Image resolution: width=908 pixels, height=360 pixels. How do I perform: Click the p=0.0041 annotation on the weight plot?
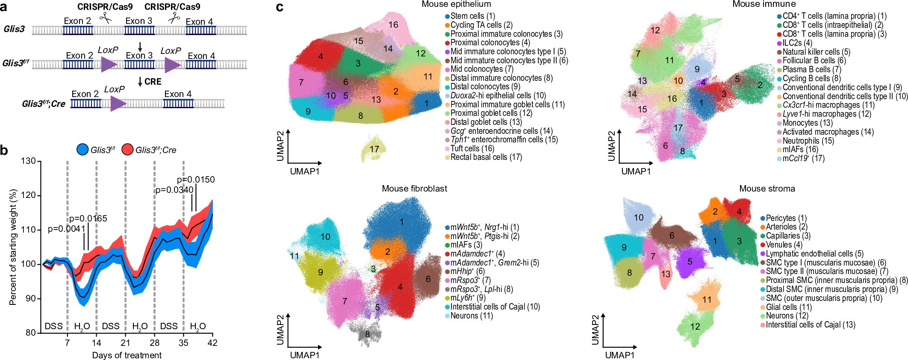[x=66, y=229]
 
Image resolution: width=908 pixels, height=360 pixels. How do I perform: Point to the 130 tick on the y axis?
[x=29, y=161]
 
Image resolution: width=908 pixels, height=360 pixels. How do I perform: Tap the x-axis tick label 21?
[x=125, y=342]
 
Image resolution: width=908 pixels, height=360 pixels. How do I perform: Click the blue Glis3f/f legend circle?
[x=82, y=150]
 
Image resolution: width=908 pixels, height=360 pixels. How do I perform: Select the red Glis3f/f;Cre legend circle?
[x=127, y=150]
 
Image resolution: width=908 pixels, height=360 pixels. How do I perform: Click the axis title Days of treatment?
[x=127, y=355]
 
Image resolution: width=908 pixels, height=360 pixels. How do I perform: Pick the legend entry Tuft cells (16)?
[x=472, y=148]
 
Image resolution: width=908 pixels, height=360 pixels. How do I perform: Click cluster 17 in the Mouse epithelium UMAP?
[x=374, y=149]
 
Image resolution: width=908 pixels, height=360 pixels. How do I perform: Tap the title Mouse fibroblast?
[x=414, y=189]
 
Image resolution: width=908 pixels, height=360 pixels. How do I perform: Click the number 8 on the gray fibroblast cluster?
[x=367, y=334]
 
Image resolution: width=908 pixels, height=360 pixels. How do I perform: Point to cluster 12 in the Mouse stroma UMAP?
[x=695, y=327]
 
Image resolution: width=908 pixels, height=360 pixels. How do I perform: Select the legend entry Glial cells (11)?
[x=788, y=307]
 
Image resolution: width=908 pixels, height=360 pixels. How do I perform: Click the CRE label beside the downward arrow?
[x=153, y=82]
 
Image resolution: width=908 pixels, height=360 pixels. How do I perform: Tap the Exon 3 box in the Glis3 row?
[x=139, y=30]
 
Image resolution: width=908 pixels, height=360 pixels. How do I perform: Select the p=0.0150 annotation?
[x=196, y=180]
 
